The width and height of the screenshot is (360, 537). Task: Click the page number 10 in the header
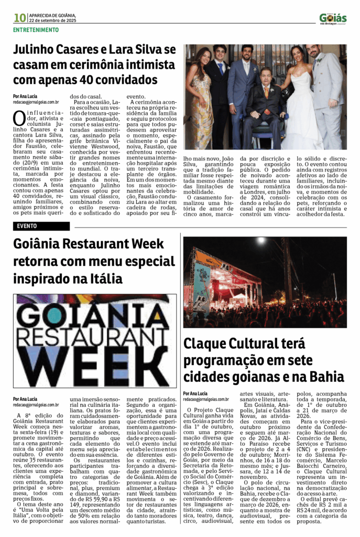[20, 17]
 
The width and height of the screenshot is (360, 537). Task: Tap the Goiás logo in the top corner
[333, 18]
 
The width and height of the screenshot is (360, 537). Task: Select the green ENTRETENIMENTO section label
[36, 30]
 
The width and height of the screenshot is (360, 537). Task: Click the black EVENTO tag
[27, 226]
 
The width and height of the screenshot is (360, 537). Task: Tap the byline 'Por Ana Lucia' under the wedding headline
[25, 96]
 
